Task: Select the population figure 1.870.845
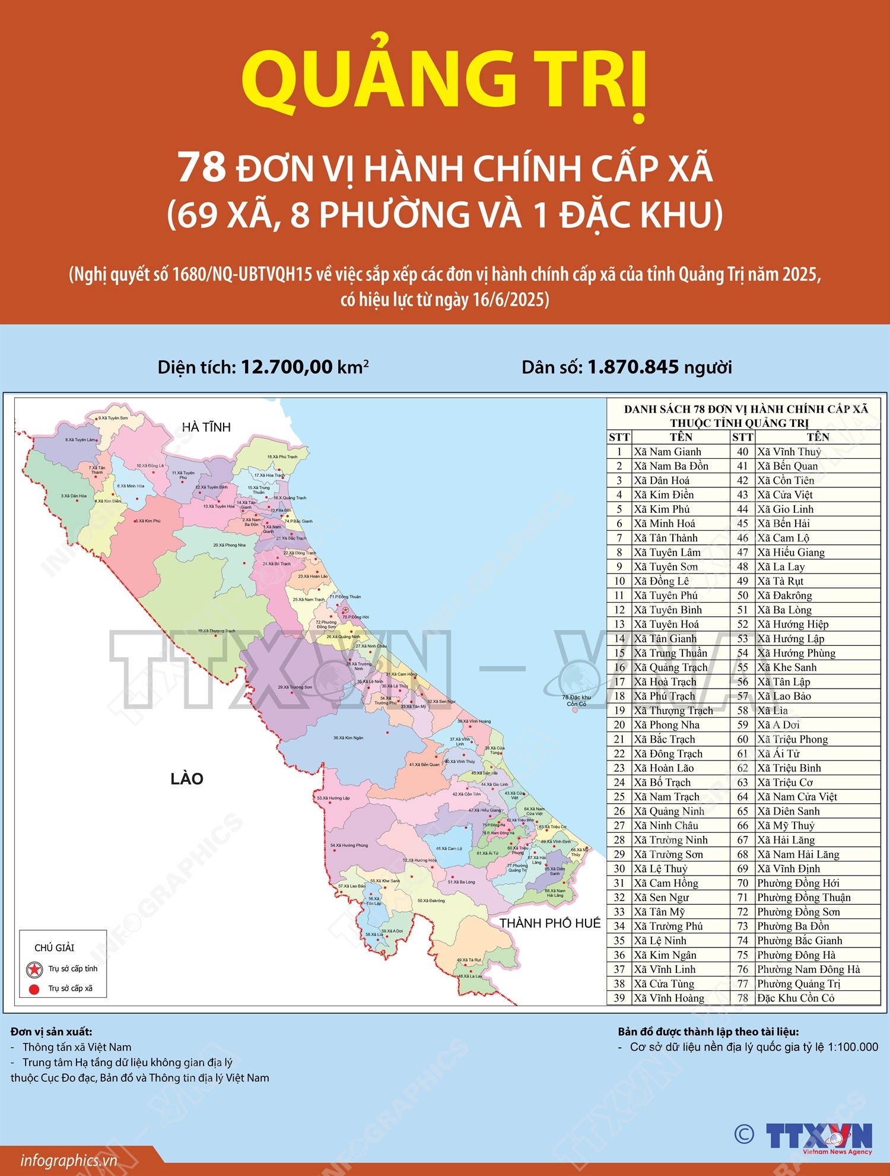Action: tap(632, 367)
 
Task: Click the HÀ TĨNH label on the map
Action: tap(206, 427)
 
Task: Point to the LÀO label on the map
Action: tap(187, 779)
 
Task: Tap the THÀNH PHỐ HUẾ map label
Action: tap(549, 923)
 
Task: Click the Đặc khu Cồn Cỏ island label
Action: tap(576, 700)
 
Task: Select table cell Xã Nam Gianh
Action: tap(667, 452)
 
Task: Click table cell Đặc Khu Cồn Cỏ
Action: tap(796, 999)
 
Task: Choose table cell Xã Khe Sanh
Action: tap(787, 667)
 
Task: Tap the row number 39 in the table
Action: tap(619, 999)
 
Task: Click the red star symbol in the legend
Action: tap(34, 970)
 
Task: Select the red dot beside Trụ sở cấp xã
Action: tap(34, 989)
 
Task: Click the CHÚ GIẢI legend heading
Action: tap(55, 948)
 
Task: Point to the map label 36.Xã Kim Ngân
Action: tap(348, 738)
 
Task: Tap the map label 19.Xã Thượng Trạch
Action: tap(217, 631)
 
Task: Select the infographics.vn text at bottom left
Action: tap(68, 1160)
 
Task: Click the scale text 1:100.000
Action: tap(850, 1047)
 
